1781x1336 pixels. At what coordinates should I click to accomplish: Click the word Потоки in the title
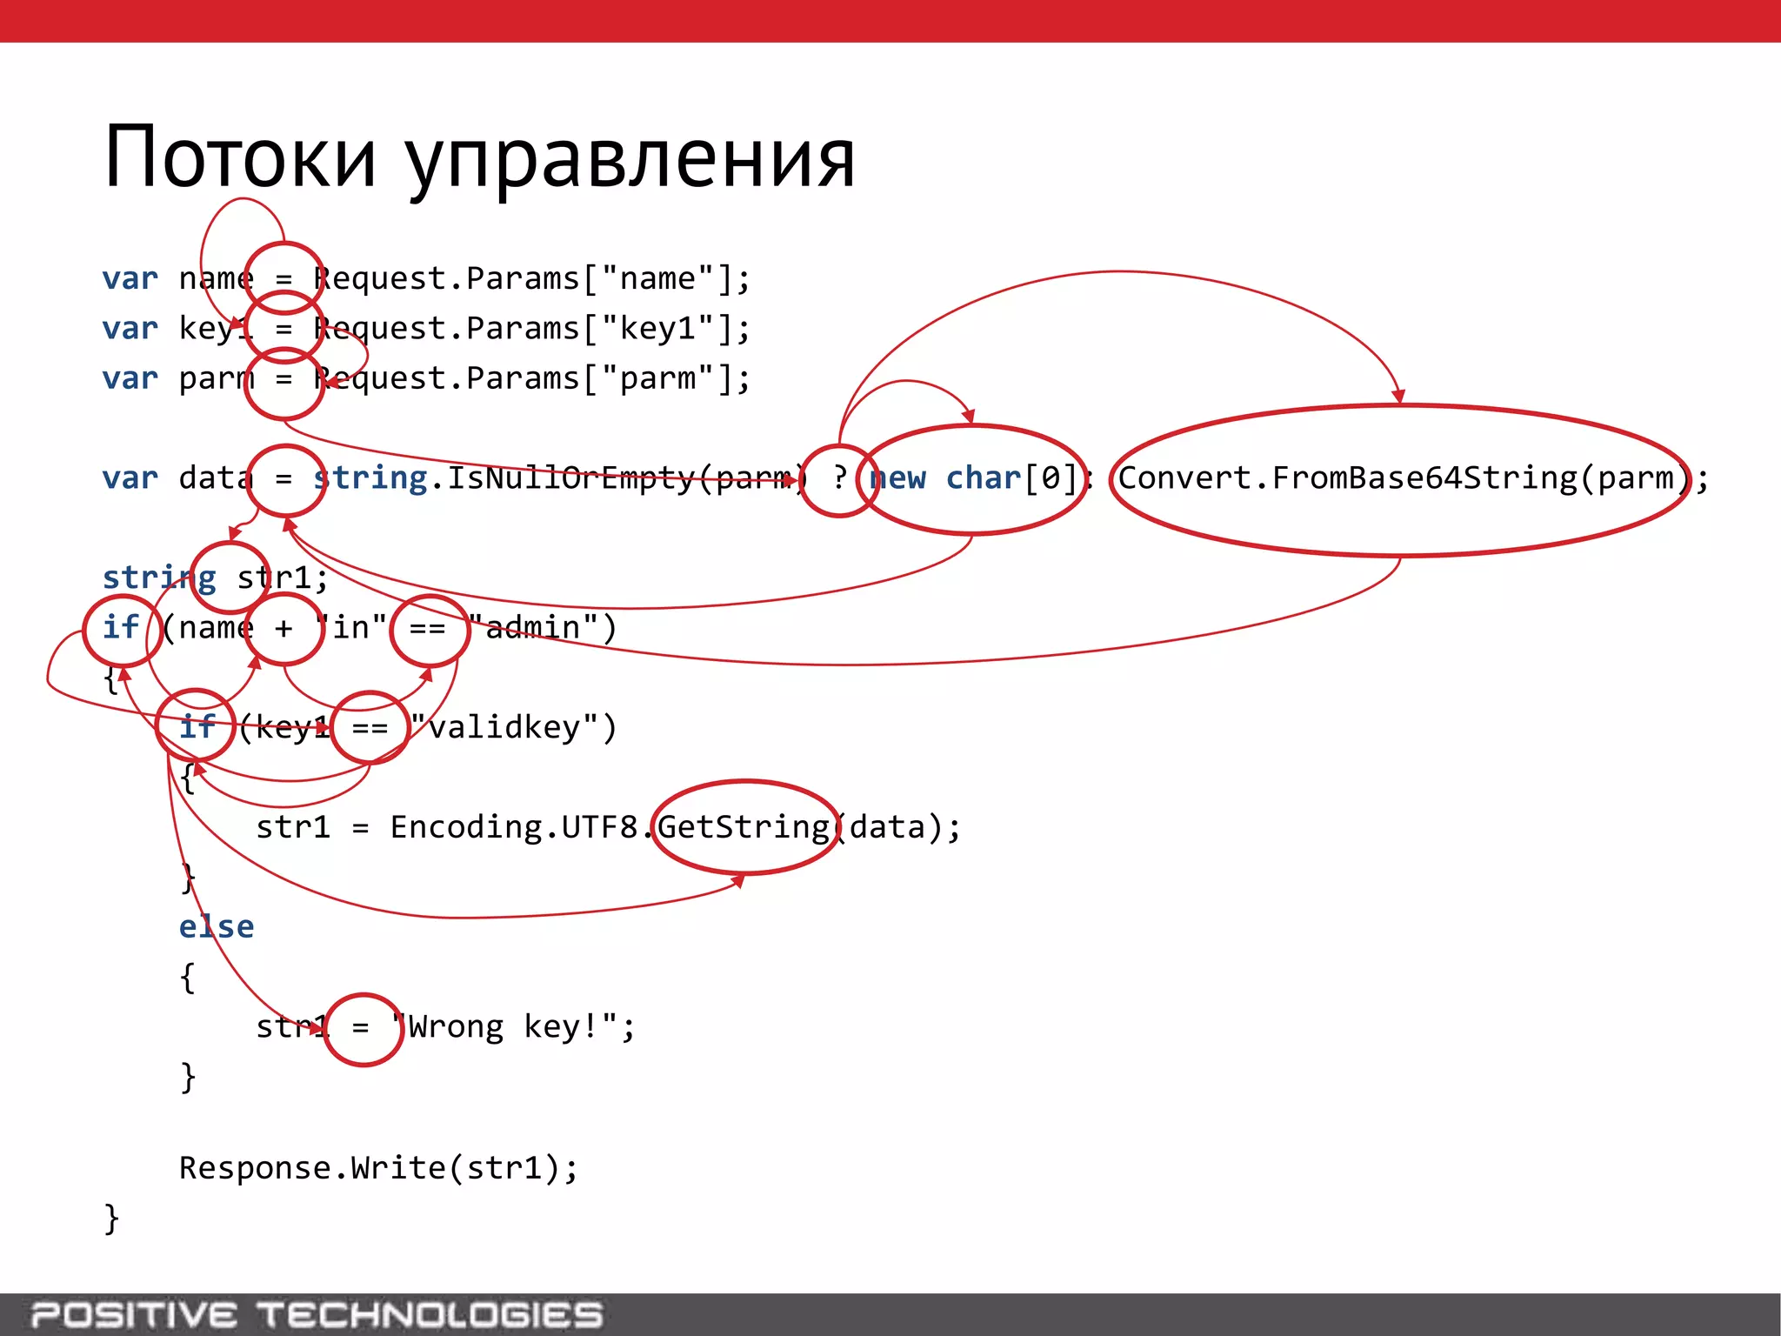tap(240, 157)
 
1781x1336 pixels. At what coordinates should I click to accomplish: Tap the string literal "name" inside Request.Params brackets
tap(657, 278)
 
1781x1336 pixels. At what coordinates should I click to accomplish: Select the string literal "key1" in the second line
tap(657, 329)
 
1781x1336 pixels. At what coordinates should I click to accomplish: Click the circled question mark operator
tap(838, 478)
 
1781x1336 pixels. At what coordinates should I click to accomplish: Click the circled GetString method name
tap(744, 827)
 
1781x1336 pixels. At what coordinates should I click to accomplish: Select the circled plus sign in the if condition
tap(283, 628)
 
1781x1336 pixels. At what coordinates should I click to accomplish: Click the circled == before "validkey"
tap(370, 727)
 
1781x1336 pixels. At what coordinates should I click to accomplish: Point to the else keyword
tap(217, 926)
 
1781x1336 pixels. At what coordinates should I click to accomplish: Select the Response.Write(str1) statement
tap(378, 1168)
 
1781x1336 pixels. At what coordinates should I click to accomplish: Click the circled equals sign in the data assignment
tap(284, 478)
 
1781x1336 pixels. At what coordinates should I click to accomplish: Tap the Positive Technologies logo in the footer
tap(317, 1314)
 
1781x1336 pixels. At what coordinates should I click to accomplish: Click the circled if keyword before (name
tap(122, 628)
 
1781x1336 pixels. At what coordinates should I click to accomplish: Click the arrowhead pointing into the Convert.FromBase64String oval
tap(1397, 397)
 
